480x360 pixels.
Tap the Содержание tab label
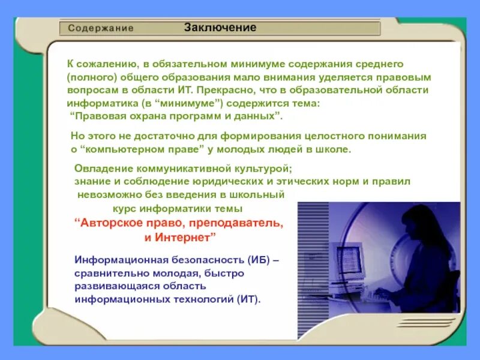pyautogui.click(x=100, y=28)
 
